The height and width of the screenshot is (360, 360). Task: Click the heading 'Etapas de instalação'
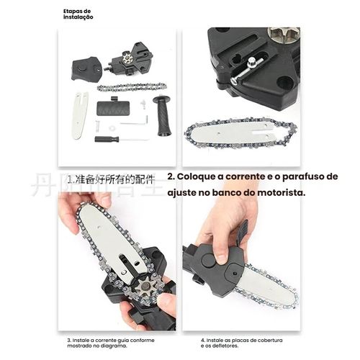[x=78, y=14]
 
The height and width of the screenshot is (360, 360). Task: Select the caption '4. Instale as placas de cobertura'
[x=246, y=342]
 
